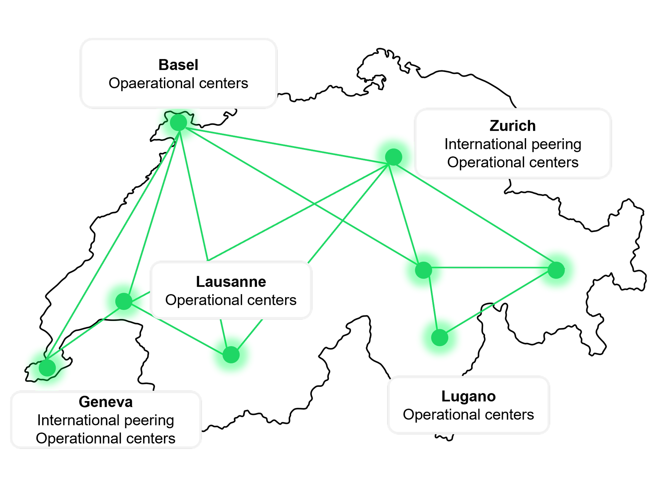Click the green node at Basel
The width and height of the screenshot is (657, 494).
[x=178, y=122]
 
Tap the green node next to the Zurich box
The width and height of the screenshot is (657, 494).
[x=394, y=157]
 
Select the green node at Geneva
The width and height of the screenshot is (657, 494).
[x=47, y=368]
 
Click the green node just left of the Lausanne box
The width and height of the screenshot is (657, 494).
[x=124, y=301]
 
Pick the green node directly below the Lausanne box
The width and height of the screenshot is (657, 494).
[x=231, y=355]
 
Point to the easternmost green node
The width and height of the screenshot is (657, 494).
[x=556, y=270]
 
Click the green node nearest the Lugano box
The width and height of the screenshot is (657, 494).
[x=440, y=337]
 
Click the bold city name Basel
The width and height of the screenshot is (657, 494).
[x=178, y=65]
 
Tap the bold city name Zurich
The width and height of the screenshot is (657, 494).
[x=513, y=126]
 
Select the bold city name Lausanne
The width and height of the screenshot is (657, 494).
[x=231, y=282]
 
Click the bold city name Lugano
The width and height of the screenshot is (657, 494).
[x=468, y=396]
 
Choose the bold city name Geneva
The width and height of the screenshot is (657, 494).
[x=106, y=402]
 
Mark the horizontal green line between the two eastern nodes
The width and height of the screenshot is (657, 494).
[x=490, y=268]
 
